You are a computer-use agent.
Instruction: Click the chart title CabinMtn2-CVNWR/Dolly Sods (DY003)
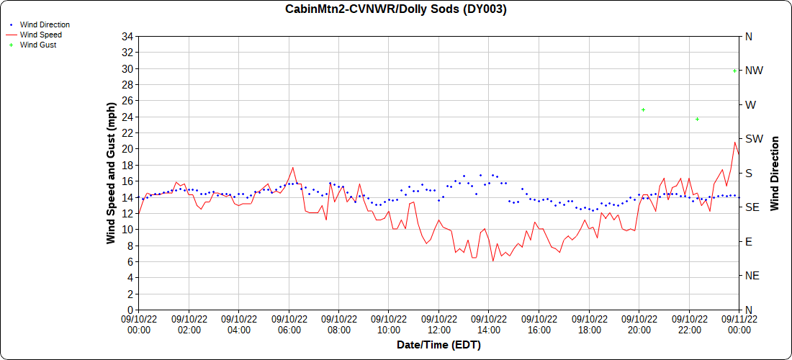click(396, 9)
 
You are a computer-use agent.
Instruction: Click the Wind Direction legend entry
click(45, 24)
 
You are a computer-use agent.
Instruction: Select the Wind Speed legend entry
click(40, 35)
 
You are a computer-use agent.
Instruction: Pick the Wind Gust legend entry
click(38, 45)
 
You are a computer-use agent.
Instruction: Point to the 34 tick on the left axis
click(128, 37)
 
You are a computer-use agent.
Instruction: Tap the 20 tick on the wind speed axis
click(128, 149)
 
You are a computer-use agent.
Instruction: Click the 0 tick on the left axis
click(130, 310)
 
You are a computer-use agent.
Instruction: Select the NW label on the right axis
click(754, 71)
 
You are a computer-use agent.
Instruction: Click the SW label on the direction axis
click(753, 139)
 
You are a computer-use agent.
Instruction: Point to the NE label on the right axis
click(752, 276)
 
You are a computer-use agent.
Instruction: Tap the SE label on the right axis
click(752, 207)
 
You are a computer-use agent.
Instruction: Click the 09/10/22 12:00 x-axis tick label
click(438, 324)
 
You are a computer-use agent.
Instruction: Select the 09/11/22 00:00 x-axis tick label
click(738, 324)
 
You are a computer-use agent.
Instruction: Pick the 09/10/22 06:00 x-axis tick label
click(289, 324)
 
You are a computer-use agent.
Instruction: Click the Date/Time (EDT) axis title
click(438, 345)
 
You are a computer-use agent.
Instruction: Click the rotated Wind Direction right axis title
click(775, 174)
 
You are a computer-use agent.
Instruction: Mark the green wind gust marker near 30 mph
click(734, 71)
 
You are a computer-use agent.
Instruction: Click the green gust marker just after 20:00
click(643, 110)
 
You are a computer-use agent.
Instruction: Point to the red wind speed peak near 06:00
click(292, 167)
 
